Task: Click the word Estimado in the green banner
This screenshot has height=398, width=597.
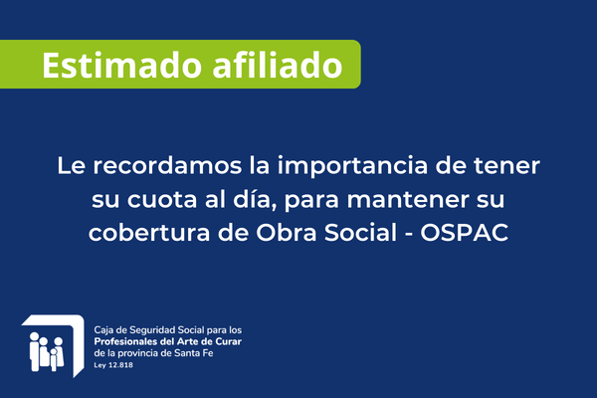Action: (121, 65)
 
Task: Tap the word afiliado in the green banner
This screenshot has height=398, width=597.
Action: (278, 65)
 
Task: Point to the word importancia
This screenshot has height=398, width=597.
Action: (352, 166)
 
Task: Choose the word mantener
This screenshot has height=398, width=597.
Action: (408, 200)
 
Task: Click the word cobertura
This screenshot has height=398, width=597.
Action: (149, 232)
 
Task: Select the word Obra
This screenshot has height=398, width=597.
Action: (286, 232)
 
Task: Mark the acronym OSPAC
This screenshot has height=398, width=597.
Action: (464, 232)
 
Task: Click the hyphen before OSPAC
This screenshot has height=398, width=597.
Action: (409, 234)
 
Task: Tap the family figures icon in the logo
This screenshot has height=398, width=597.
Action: (47, 351)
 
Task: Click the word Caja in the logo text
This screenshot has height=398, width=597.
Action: (102, 330)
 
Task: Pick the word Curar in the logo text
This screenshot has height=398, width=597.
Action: (229, 341)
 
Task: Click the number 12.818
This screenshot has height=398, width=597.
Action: (120, 365)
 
